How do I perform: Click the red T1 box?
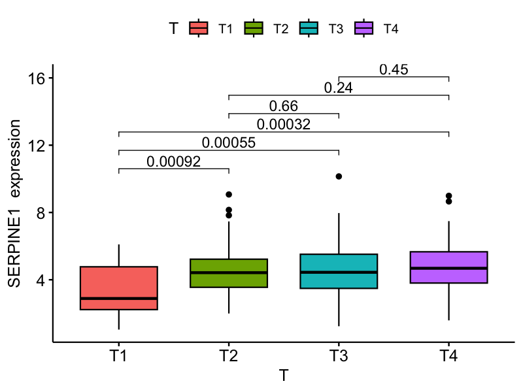[x=119, y=287]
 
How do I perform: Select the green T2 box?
[x=229, y=273]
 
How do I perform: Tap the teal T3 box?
[x=339, y=271]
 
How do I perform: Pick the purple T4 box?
[x=448, y=267]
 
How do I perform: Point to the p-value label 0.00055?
[x=228, y=143]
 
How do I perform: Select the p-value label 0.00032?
[x=283, y=124]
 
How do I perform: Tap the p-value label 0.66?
[x=283, y=106]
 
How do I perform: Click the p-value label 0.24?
[x=339, y=88]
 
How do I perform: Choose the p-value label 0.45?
[x=394, y=69]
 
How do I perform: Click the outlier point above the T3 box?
[x=339, y=176]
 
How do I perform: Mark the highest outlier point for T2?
[x=229, y=195]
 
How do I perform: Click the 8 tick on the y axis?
[x=40, y=212]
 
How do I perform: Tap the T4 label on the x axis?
[x=448, y=357]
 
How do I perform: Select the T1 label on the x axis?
[x=119, y=357]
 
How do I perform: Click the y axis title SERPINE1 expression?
[x=14, y=203]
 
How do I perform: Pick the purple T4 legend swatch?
[x=363, y=28]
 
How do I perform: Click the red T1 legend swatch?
[x=199, y=28]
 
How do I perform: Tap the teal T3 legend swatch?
[x=309, y=28]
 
